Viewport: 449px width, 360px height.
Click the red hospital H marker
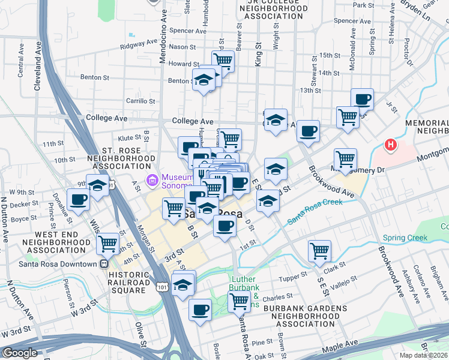click(391, 145)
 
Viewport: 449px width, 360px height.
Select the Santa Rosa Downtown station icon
click(104, 263)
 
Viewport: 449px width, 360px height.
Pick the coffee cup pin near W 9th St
click(79, 200)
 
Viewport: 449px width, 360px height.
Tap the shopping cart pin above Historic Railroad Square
click(108, 244)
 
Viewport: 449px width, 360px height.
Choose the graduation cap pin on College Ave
click(276, 119)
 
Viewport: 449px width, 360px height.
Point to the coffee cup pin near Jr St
click(362, 99)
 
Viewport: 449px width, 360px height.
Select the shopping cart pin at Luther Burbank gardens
click(239, 302)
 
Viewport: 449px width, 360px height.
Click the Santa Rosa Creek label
click(315, 211)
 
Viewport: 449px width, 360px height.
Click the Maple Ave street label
click(340, 346)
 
